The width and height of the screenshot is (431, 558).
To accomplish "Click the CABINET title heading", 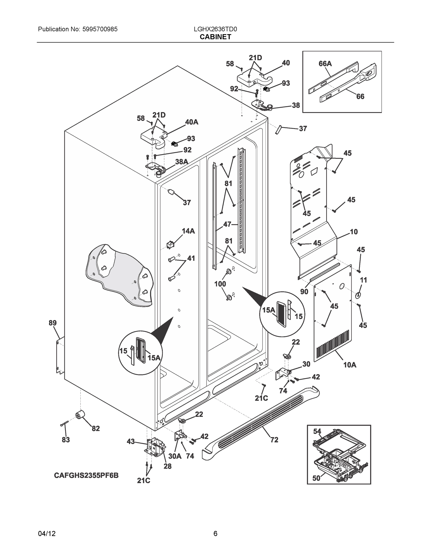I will [x=215, y=37].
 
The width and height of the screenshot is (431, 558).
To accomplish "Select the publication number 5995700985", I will [x=100, y=29].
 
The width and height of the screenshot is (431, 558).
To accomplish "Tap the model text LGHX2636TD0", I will [x=215, y=29].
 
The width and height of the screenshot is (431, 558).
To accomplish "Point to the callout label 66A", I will [x=325, y=64].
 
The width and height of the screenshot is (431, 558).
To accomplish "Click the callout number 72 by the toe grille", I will [x=274, y=440].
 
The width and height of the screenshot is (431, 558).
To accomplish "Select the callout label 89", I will [x=53, y=323].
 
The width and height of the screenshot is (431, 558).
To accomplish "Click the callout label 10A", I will [x=349, y=365].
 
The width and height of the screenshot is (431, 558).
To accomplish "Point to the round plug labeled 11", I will [x=358, y=295].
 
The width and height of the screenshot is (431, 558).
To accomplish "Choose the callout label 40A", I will [x=191, y=122].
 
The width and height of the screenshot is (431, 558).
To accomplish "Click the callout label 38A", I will [x=182, y=162].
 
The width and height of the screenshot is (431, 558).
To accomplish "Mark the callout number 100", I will [x=220, y=284].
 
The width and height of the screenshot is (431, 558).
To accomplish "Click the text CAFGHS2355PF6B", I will [x=86, y=475].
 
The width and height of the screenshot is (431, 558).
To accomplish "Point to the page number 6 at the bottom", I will [x=215, y=534].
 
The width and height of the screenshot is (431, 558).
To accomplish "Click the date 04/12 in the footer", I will [x=47, y=534].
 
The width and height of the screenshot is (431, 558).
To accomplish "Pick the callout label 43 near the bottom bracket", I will [x=131, y=441].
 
